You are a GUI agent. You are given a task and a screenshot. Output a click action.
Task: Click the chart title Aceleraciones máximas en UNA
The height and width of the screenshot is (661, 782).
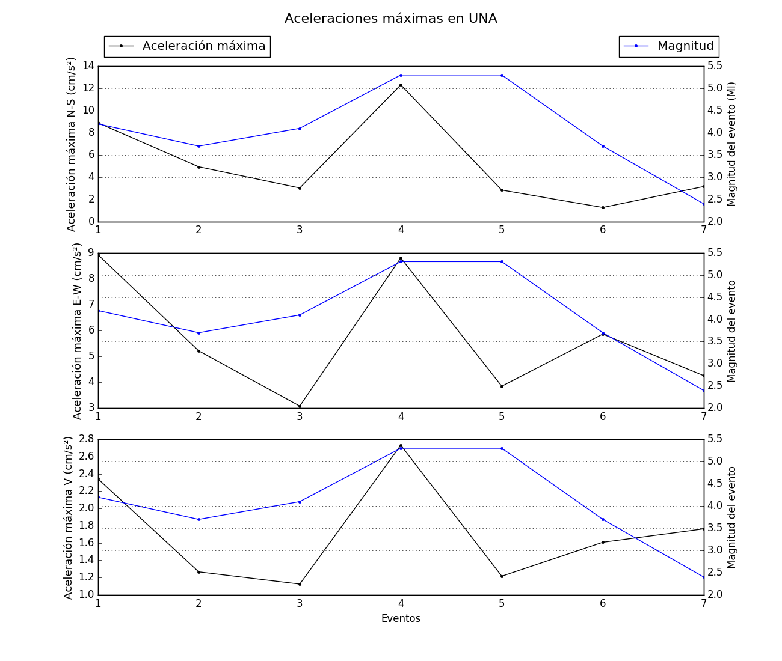point(390,19)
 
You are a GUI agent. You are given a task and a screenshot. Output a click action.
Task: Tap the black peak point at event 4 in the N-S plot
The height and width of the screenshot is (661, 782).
point(401,85)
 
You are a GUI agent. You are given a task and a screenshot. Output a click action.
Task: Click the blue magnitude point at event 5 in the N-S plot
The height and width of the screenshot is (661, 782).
point(502,75)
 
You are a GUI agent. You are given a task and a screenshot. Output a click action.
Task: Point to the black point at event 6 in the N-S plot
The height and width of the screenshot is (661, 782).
point(603,207)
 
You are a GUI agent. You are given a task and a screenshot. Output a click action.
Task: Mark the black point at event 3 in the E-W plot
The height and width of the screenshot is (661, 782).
point(300,406)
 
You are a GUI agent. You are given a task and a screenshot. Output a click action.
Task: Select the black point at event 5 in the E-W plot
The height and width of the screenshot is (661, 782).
point(502,386)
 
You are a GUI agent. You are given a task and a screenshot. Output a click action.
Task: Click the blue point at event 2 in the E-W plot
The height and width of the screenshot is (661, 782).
point(199,333)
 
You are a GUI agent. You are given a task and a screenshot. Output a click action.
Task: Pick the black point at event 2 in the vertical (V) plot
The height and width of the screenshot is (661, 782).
point(199,572)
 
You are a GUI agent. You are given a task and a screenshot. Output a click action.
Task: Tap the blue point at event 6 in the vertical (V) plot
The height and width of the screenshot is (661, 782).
point(603,519)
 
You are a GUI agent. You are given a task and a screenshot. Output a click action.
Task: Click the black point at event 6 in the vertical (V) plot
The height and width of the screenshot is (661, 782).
point(603,542)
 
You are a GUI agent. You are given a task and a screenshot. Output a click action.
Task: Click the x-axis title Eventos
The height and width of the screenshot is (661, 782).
point(401,618)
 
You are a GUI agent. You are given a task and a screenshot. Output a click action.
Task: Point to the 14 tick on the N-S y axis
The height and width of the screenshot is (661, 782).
point(88,66)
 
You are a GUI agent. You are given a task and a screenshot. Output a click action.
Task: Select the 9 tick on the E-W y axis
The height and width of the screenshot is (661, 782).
point(91,253)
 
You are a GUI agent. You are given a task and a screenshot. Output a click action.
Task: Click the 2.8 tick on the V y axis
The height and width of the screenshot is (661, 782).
point(87,439)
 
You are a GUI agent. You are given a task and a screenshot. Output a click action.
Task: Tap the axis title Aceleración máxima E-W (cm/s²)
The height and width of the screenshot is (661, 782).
point(78,331)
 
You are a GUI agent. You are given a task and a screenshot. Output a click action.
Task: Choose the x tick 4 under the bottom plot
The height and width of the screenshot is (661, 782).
point(401,602)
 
